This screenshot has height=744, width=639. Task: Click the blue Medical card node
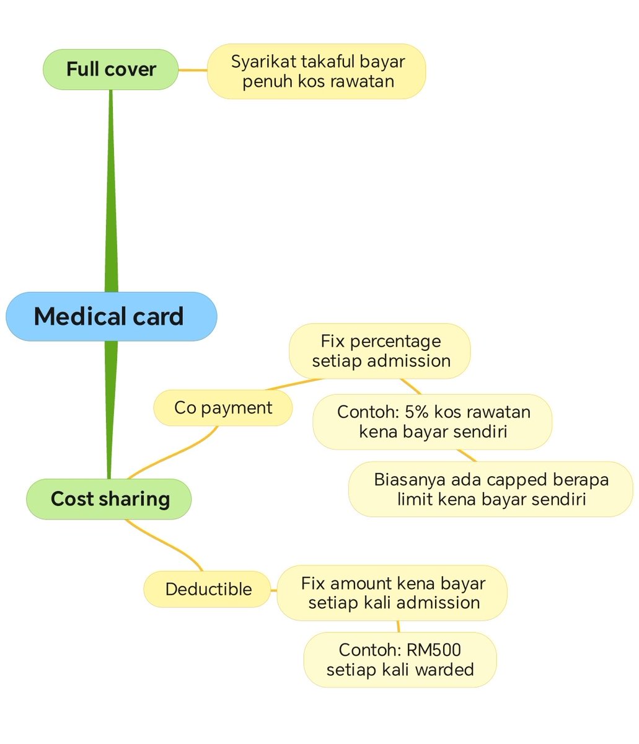coord(111,316)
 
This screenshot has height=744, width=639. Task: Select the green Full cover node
coord(110,69)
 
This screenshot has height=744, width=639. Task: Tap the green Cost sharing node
coord(109,499)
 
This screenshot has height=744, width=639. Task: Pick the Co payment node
coord(223,408)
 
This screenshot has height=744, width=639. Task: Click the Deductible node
coord(208,589)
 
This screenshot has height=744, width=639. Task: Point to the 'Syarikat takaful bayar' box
coord(317,71)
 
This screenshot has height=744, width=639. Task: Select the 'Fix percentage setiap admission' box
coord(380,351)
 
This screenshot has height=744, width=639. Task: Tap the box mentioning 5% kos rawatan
coord(432,422)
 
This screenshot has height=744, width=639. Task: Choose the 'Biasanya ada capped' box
coord(490,489)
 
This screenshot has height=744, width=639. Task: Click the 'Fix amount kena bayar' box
coord(392,593)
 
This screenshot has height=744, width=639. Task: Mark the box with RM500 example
coord(400,660)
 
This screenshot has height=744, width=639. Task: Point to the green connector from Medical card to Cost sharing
coord(110,409)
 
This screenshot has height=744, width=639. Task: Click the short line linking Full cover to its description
coord(193,70)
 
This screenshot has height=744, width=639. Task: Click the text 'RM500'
coord(433,650)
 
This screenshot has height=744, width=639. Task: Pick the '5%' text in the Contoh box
coord(413,412)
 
